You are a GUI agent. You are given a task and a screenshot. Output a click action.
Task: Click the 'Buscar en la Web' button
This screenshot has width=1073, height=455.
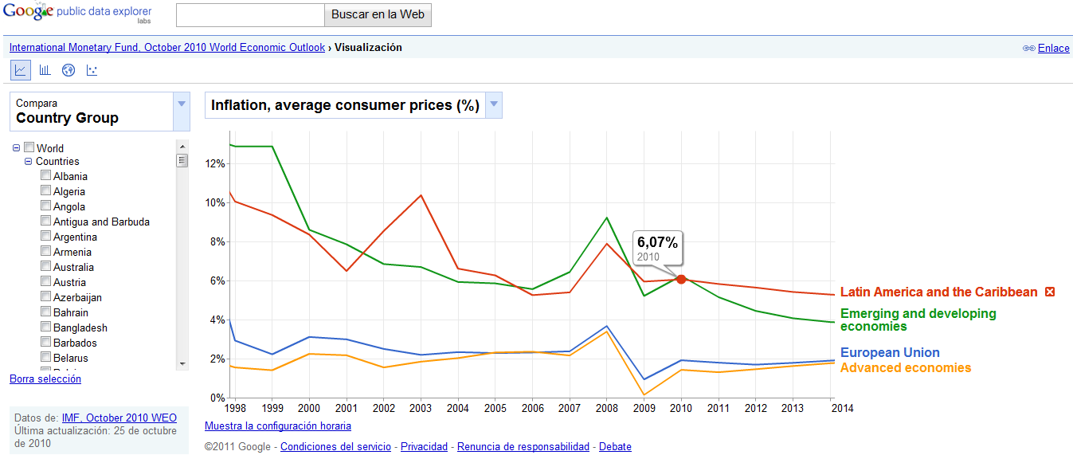click(378, 14)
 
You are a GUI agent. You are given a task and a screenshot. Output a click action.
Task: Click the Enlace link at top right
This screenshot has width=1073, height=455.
click(1053, 48)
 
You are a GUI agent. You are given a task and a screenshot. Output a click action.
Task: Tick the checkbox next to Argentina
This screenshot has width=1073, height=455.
click(46, 237)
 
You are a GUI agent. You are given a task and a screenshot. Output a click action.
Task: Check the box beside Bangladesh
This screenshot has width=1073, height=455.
click(46, 328)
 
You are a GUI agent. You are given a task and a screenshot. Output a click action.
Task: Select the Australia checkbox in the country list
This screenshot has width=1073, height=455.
click(46, 267)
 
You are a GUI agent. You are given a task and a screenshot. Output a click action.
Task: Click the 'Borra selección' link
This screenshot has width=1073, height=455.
click(45, 379)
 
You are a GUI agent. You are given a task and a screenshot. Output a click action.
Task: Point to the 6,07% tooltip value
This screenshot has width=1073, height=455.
click(657, 243)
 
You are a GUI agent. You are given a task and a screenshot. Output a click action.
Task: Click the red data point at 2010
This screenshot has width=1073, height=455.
click(681, 279)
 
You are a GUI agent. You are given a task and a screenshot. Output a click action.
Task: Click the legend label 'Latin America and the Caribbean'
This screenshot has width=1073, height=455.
click(938, 292)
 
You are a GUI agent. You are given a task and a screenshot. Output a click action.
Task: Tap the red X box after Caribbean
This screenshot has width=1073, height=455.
click(1050, 292)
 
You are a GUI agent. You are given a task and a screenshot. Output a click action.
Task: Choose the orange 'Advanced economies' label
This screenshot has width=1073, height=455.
click(906, 368)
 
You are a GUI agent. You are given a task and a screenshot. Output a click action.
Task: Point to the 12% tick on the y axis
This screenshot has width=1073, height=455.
click(215, 163)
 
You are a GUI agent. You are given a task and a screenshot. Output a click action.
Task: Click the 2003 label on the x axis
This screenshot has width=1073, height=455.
click(421, 408)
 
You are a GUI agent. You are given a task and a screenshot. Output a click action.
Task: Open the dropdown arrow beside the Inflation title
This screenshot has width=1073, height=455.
click(494, 105)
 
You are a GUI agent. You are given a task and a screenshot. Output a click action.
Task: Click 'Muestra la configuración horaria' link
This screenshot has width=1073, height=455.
click(277, 426)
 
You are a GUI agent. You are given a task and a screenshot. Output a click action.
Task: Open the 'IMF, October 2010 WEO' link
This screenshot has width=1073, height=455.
click(119, 418)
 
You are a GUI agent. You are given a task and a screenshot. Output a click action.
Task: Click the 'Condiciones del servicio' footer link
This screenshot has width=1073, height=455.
click(335, 447)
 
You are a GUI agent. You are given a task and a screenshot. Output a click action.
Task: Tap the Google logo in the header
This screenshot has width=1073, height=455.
click(28, 11)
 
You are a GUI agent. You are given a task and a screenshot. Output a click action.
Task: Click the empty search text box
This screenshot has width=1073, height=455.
click(250, 14)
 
